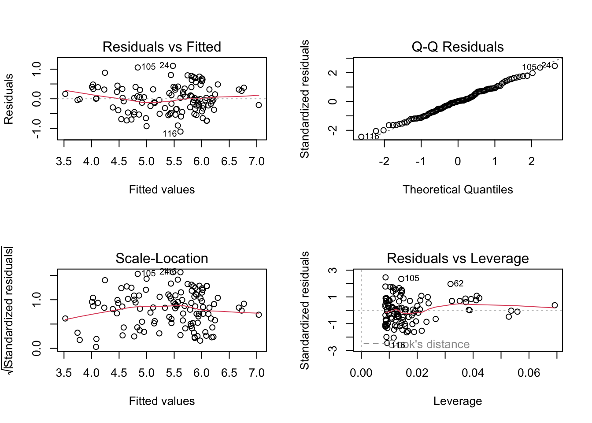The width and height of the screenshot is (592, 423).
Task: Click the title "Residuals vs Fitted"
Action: tap(162, 47)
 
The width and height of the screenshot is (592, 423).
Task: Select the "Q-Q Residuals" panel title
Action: tap(458, 47)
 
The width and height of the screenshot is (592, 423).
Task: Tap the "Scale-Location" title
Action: tap(162, 258)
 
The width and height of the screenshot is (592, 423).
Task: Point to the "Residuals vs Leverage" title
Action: tap(458, 258)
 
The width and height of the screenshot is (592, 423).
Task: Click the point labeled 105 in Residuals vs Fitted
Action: tap(138, 67)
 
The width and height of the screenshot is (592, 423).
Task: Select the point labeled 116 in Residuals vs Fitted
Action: tap(180, 131)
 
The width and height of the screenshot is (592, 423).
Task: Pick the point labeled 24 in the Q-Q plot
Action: tap(555, 66)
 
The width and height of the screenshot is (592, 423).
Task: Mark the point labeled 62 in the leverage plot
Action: tap(450, 284)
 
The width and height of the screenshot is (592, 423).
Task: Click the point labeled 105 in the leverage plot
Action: tap(401, 279)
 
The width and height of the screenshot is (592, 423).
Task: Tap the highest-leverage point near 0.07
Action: tap(555, 305)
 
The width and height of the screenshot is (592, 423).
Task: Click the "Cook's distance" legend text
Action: tap(429, 344)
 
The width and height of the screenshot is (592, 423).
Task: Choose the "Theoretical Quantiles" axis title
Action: tap(458, 189)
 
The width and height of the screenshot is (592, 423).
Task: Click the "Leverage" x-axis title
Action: tap(458, 401)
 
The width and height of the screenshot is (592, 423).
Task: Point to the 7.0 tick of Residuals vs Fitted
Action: tap(257, 162)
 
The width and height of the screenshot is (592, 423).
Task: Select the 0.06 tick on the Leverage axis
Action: tap(529, 373)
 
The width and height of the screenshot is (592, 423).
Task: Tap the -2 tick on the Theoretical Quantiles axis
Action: tap(384, 162)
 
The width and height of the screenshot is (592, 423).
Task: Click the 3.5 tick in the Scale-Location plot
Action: tap(64, 373)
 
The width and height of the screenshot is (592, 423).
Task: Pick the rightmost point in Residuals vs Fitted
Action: tap(259, 105)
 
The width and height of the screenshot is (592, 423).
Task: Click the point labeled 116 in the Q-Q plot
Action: tap(361, 137)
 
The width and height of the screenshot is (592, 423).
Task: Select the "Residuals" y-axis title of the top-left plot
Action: tap(8, 99)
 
